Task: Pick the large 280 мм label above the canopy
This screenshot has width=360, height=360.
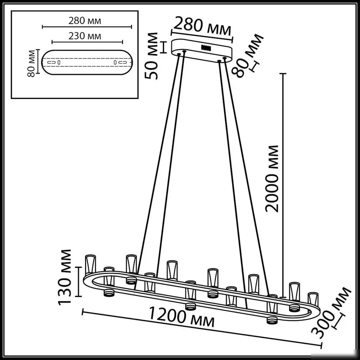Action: [x=202, y=27]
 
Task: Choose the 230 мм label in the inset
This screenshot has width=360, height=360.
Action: [x=85, y=36]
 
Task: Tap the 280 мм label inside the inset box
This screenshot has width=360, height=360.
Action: [x=85, y=21]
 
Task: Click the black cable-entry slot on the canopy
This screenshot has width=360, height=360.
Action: [x=206, y=47]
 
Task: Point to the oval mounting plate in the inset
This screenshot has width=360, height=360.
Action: [x=87, y=62]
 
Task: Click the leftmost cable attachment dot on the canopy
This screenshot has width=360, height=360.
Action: [x=179, y=54]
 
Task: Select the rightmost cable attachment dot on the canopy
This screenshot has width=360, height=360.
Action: [x=225, y=59]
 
